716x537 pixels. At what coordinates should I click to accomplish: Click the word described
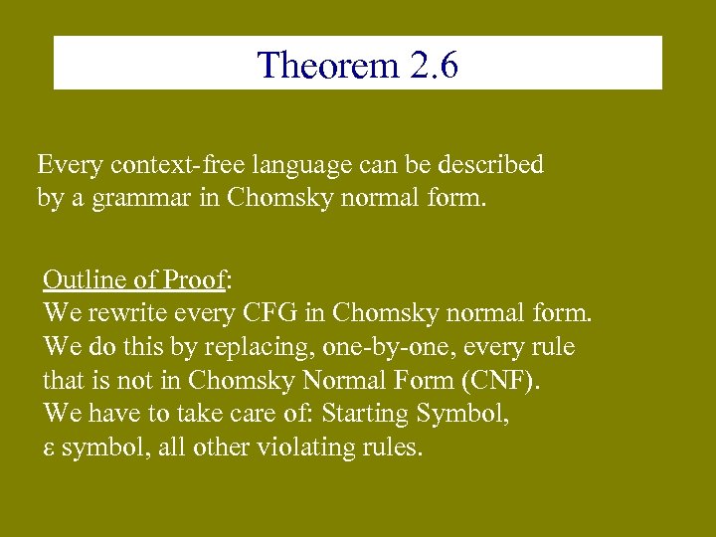coord(486,165)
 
